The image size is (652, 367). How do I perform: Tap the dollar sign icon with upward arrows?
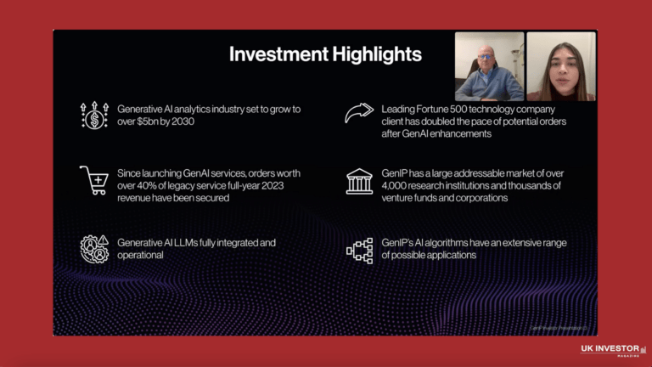(94, 115)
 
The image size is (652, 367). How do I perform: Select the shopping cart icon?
(93, 179)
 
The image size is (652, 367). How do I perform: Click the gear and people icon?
(94, 248)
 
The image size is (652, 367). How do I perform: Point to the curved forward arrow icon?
(359, 114)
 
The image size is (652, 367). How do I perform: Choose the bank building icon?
(359, 181)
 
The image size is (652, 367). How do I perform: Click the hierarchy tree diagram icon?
(359, 249)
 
